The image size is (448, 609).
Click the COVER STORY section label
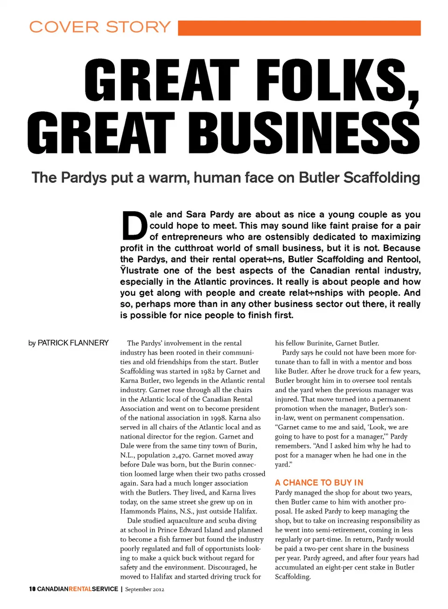pos(100,27)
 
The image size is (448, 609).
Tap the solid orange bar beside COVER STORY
pos(299,28)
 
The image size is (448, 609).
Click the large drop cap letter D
pos(134,225)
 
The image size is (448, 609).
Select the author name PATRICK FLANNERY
pos(73,343)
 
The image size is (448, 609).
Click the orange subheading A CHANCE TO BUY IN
pos(319,483)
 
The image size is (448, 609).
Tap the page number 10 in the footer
pos(32,589)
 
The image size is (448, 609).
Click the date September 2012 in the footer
pos(145,589)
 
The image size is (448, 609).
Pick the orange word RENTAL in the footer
pos(80,589)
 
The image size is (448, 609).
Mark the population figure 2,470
pos(177,455)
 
